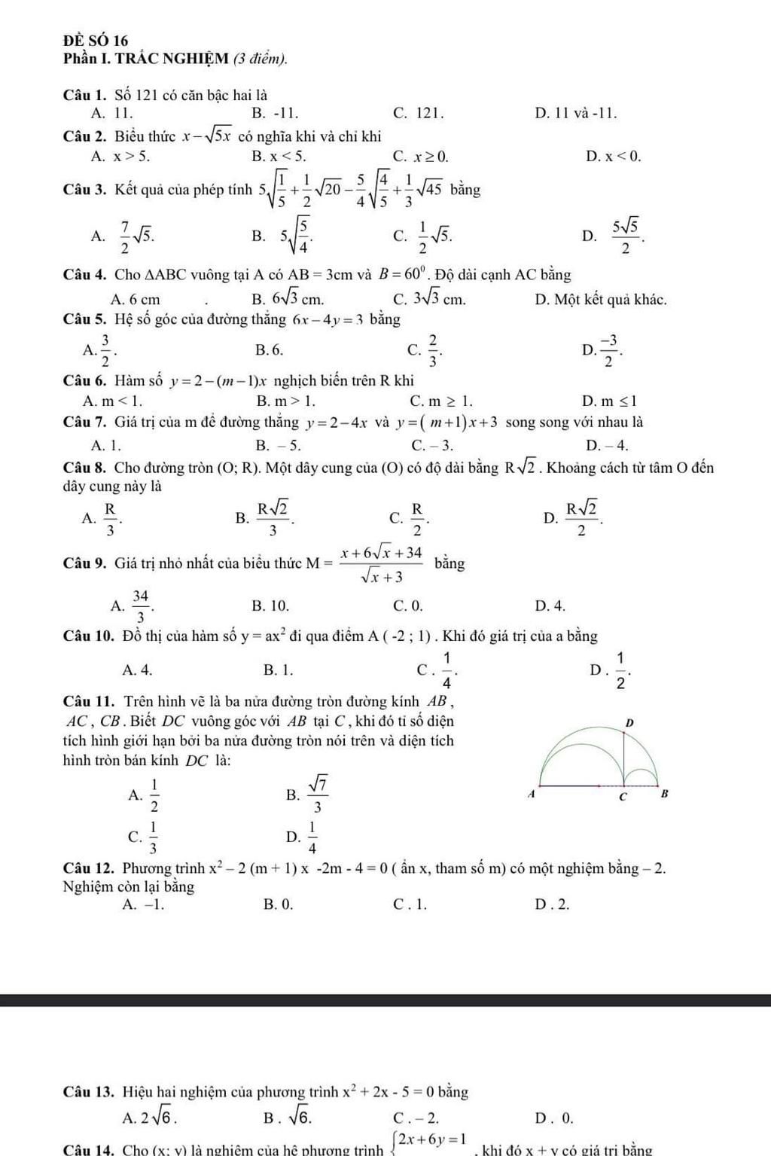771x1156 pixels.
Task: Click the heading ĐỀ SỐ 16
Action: [96, 40]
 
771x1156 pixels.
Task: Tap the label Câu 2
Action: [87, 136]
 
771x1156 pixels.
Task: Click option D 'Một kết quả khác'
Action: [601, 299]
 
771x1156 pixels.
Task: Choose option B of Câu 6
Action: [285, 401]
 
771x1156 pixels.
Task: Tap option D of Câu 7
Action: [607, 444]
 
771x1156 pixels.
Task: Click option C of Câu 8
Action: [410, 516]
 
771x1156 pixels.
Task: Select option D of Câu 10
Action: [611, 670]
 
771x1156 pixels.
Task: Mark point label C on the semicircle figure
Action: [622, 797]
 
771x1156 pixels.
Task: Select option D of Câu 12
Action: [552, 904]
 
